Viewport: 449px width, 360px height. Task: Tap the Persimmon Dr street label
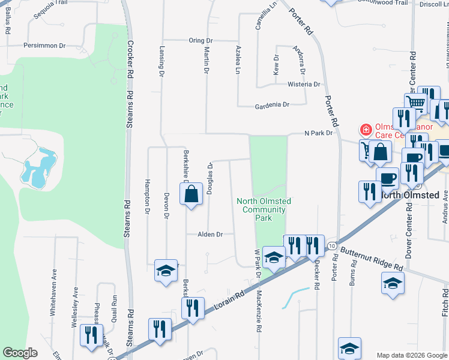pos(44,46)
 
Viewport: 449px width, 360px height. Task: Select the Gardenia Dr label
pos(272,104)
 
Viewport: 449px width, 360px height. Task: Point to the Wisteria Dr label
pos(303,85)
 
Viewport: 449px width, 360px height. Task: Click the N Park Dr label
pos(318,133)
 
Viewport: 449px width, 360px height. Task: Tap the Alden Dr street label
pos(210,235)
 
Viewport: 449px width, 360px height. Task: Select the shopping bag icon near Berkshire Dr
pos(191,194)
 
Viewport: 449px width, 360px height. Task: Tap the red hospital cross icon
pos(364,130)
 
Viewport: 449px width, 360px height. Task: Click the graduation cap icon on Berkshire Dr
pos(166,270)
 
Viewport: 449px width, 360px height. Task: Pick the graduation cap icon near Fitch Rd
pos(393,283)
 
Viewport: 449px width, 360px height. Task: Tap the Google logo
pos(20,353)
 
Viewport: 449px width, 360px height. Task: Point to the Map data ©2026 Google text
pos(412,355)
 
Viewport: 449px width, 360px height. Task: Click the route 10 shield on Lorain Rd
pos(331,245)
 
